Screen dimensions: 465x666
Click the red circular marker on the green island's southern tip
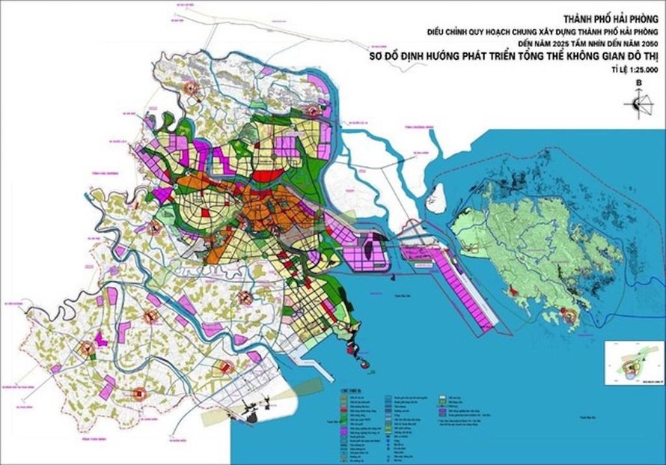572,317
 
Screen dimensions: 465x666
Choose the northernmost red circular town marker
192,88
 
